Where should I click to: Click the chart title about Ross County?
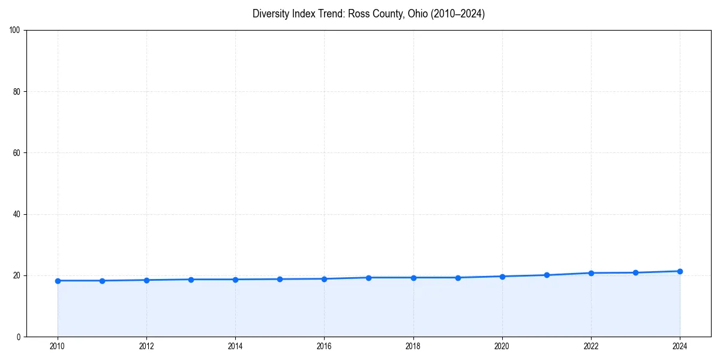click(368, 14)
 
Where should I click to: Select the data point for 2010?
click(58, 281)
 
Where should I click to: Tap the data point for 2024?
click(680, 271)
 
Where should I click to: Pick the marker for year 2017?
click(368, 278)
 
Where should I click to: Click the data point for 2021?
click(547, 275)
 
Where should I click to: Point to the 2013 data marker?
click(191, 280)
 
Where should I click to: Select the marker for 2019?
click(458, 278)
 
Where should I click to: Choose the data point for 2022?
click(591, 273)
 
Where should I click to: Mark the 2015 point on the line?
click(280, 279)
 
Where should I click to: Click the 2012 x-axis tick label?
click(146, 346)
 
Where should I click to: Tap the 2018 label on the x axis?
click(413, 346)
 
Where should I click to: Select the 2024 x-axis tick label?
click(680, 346)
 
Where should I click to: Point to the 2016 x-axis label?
click(324, 346)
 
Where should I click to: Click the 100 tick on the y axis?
click(16, 31)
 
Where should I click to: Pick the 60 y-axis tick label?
click(17, 153)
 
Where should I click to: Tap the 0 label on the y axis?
click(19, 337)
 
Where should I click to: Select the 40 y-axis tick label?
click(17, 214)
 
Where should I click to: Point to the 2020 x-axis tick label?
click(502, 346)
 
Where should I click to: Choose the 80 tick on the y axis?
click(17, 92)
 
